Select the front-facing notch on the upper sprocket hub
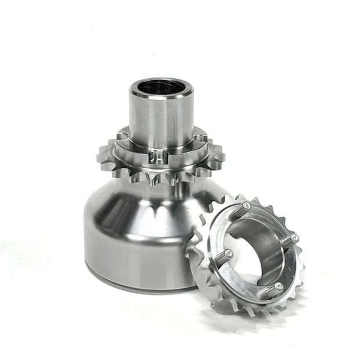point(158,155)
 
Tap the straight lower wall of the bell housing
point(128,255)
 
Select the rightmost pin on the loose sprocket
point(294,237)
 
